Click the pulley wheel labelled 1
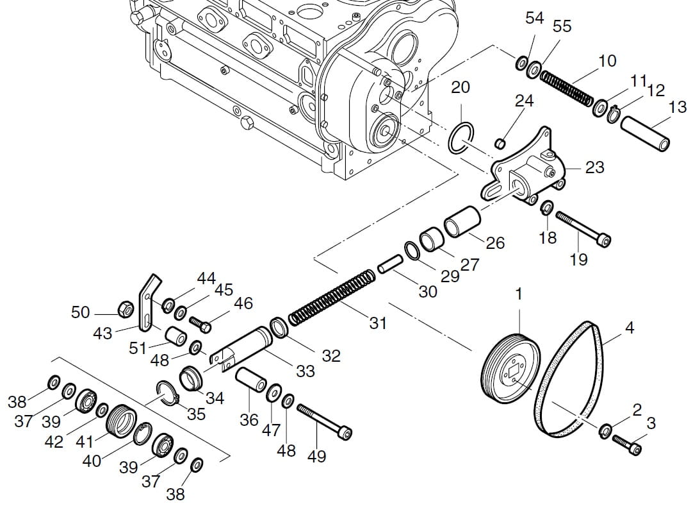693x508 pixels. click(510, 373)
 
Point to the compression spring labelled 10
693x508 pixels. click(566, 87)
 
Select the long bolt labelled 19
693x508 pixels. click(583, 229)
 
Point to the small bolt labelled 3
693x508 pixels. click(626, 444)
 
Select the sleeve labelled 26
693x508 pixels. click(461, 222)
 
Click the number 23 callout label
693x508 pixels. click(594, 167)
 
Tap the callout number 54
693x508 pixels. click(535, 18)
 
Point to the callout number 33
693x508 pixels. click(306, 371)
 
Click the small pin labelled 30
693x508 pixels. click(389, 264)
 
